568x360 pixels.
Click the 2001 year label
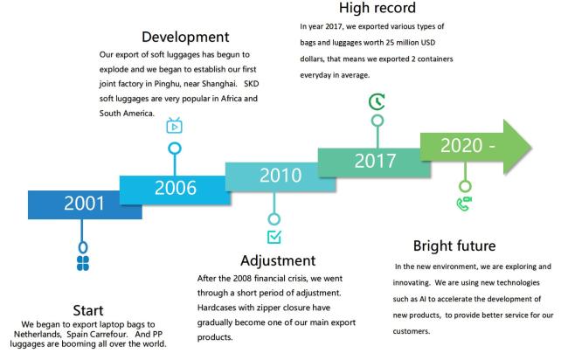click(x=84, y=204)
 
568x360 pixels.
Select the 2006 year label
click(x=176, y=188)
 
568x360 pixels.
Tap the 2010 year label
click(x=281, y=176)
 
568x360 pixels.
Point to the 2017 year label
click(x=375, y=161)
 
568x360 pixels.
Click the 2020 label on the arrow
click(x=461, y=146)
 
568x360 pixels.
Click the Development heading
click(x=185, y=37)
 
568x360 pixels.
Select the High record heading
click(x=378, y=8)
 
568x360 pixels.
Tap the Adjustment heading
click(x=278, y=261)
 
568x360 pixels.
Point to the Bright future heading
click(x=454, y=246)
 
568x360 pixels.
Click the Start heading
click(x=88, y=310)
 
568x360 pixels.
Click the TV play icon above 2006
click(x=174, y=126)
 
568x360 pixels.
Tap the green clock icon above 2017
click(x=377, y=101)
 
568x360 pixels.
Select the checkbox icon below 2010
click(x=274, y=237)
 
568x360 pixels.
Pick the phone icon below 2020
click(x=464, y=204)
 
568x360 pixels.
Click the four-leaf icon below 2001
click(x=83, y=263)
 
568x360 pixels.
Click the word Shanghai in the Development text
click(x=218, y=84)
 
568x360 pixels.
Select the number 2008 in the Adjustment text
click(x=242, y=279)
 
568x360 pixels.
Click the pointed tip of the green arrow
click(x=532, y=148)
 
